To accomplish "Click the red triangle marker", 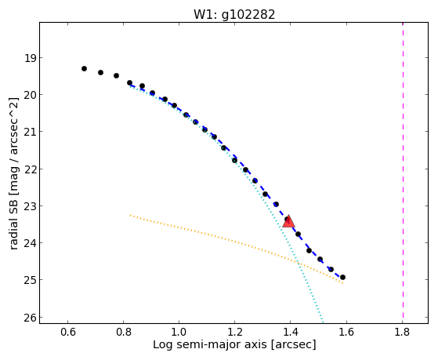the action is pos(288,221).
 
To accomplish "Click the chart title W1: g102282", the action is pos(234,14).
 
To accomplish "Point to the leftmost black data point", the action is pos(84,68).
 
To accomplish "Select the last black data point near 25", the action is pos(342,277).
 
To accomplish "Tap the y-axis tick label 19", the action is pos(31,58).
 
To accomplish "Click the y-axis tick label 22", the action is pos(31,169).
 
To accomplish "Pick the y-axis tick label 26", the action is pos(31,317).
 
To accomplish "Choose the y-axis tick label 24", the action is pos(31,243).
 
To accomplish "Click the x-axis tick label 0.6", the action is pos(68,332).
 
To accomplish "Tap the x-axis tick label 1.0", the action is pos(179,332).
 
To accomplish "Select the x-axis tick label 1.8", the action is pos(402,332).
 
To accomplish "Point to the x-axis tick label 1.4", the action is pos(291,332).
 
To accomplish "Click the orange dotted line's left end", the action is pos(130,215).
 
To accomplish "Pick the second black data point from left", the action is pos(100,72).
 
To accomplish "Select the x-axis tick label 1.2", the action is pos(234,332).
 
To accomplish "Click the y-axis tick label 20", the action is pos(31,95).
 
